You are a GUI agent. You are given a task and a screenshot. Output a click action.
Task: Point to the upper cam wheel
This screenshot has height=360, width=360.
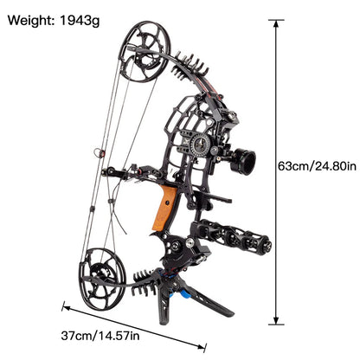coord(140,52)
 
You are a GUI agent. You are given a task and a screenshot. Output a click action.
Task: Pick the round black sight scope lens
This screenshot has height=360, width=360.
coord(245,162)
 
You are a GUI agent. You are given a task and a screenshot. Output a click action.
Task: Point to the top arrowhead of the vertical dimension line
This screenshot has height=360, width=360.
coord(276,24)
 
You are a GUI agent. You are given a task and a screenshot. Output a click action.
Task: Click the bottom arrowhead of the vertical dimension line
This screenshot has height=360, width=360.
coord(276,322)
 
